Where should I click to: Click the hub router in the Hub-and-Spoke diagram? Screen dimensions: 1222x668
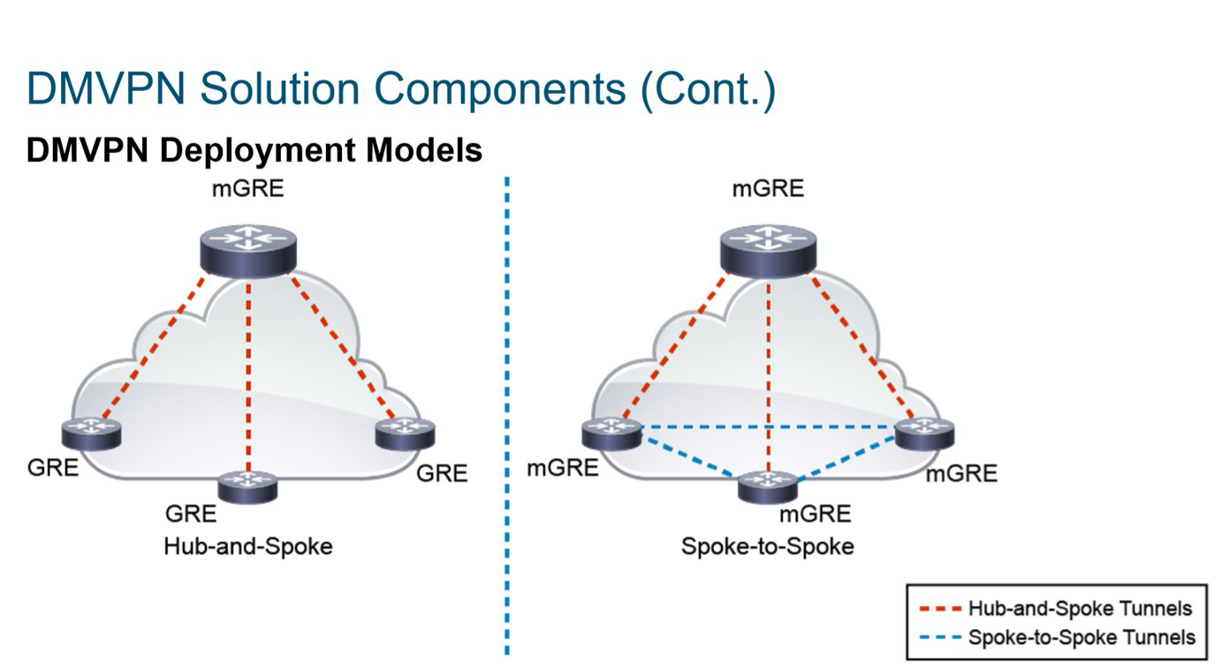tap(248, 252)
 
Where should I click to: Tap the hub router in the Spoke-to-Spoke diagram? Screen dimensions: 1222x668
tap(769, 252)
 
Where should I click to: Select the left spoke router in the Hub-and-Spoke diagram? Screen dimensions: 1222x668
tap(91, 435)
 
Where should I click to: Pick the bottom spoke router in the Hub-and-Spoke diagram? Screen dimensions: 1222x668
tap(247, 487)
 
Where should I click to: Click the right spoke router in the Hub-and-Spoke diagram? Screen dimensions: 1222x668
tap(406, 435)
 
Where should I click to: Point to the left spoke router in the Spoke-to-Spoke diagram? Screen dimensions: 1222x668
tap(611, 435)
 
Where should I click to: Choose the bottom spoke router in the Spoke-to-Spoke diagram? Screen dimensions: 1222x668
tap(768, 487)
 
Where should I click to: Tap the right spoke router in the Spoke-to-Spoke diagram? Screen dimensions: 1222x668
tap(925, 435)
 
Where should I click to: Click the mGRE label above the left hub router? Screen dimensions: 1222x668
tap(248, 189)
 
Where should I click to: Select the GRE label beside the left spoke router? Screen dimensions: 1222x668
tap(53, 467)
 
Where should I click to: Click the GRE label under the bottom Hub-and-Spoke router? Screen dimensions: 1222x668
tap(191, 513)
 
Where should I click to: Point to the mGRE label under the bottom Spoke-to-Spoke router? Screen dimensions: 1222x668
tap(815, 514)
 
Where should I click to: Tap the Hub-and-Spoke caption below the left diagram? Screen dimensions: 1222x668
tap(248, 546)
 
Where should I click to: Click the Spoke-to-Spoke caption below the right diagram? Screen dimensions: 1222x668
tap(768, 546)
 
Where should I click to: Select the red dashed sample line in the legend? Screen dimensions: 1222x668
tap(940, 609)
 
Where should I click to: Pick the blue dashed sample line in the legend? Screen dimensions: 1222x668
tap(940, 637)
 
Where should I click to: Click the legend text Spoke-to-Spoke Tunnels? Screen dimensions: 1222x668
tap(1082, 637)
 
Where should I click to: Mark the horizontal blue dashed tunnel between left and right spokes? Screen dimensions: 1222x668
tap(769, 426)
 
